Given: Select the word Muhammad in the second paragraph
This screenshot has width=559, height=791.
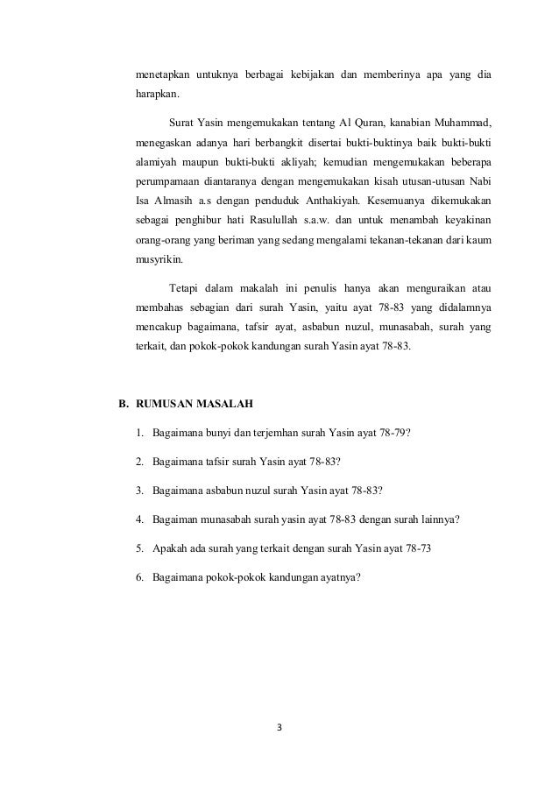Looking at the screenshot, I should (x=460, y=119).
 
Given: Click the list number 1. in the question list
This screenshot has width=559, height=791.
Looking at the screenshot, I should (x=140, y=432).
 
